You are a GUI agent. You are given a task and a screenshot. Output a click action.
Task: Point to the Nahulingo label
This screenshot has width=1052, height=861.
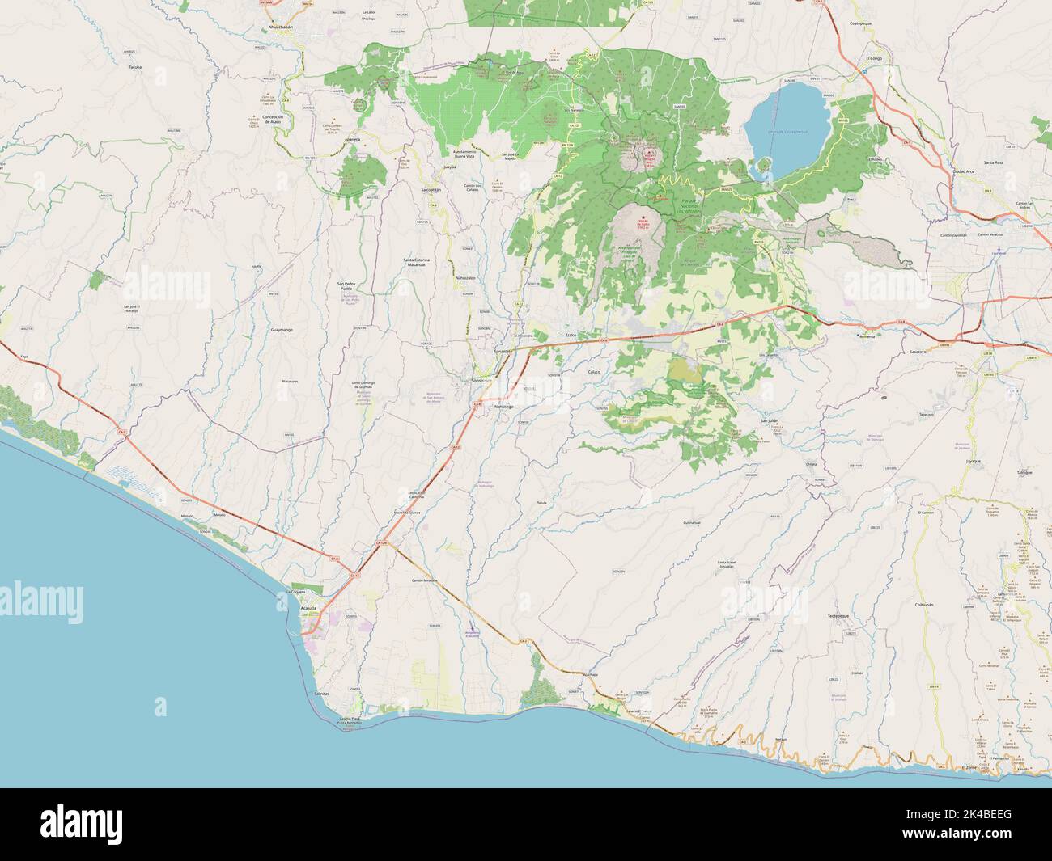[504, 406]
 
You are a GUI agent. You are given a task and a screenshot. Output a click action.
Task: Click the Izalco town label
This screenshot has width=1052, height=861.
[569, 334]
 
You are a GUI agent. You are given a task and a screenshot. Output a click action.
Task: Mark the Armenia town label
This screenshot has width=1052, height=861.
[867, 338]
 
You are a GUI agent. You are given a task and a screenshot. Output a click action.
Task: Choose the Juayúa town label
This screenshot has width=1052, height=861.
[451, 167]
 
